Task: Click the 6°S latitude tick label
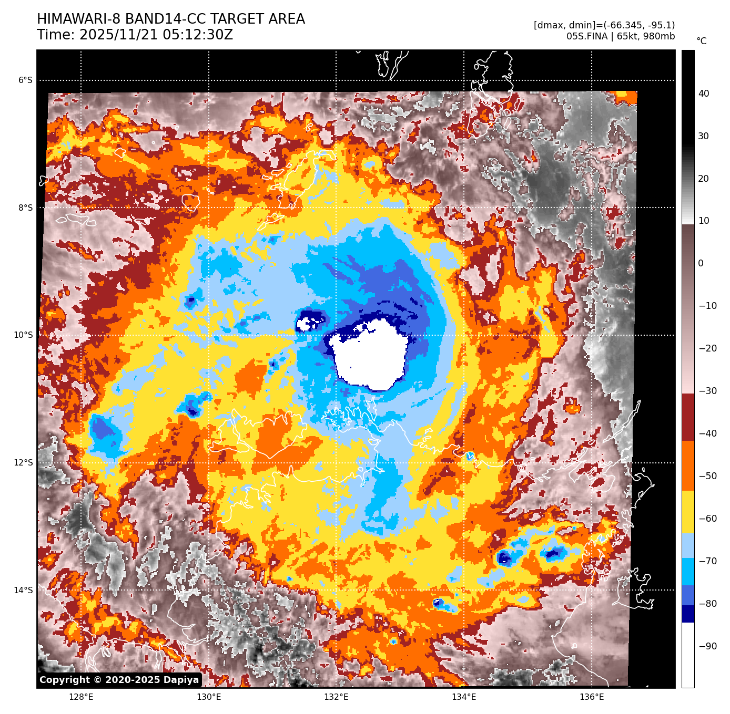[25, 80]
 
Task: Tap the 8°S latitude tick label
[25, 208]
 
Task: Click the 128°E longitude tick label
[81, 697]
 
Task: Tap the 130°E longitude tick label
[209, 697]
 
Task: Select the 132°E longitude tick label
[336, 697]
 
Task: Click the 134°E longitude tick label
[464, 697]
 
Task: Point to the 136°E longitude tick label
[592, 697]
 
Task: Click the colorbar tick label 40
[704, 94]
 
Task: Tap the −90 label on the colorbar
[707, 646]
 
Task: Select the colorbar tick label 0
[701, 264]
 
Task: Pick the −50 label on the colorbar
[707, 477]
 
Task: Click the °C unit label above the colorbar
[702, 41]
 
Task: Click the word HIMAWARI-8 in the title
[79, 19]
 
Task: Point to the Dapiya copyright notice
[119, 680]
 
